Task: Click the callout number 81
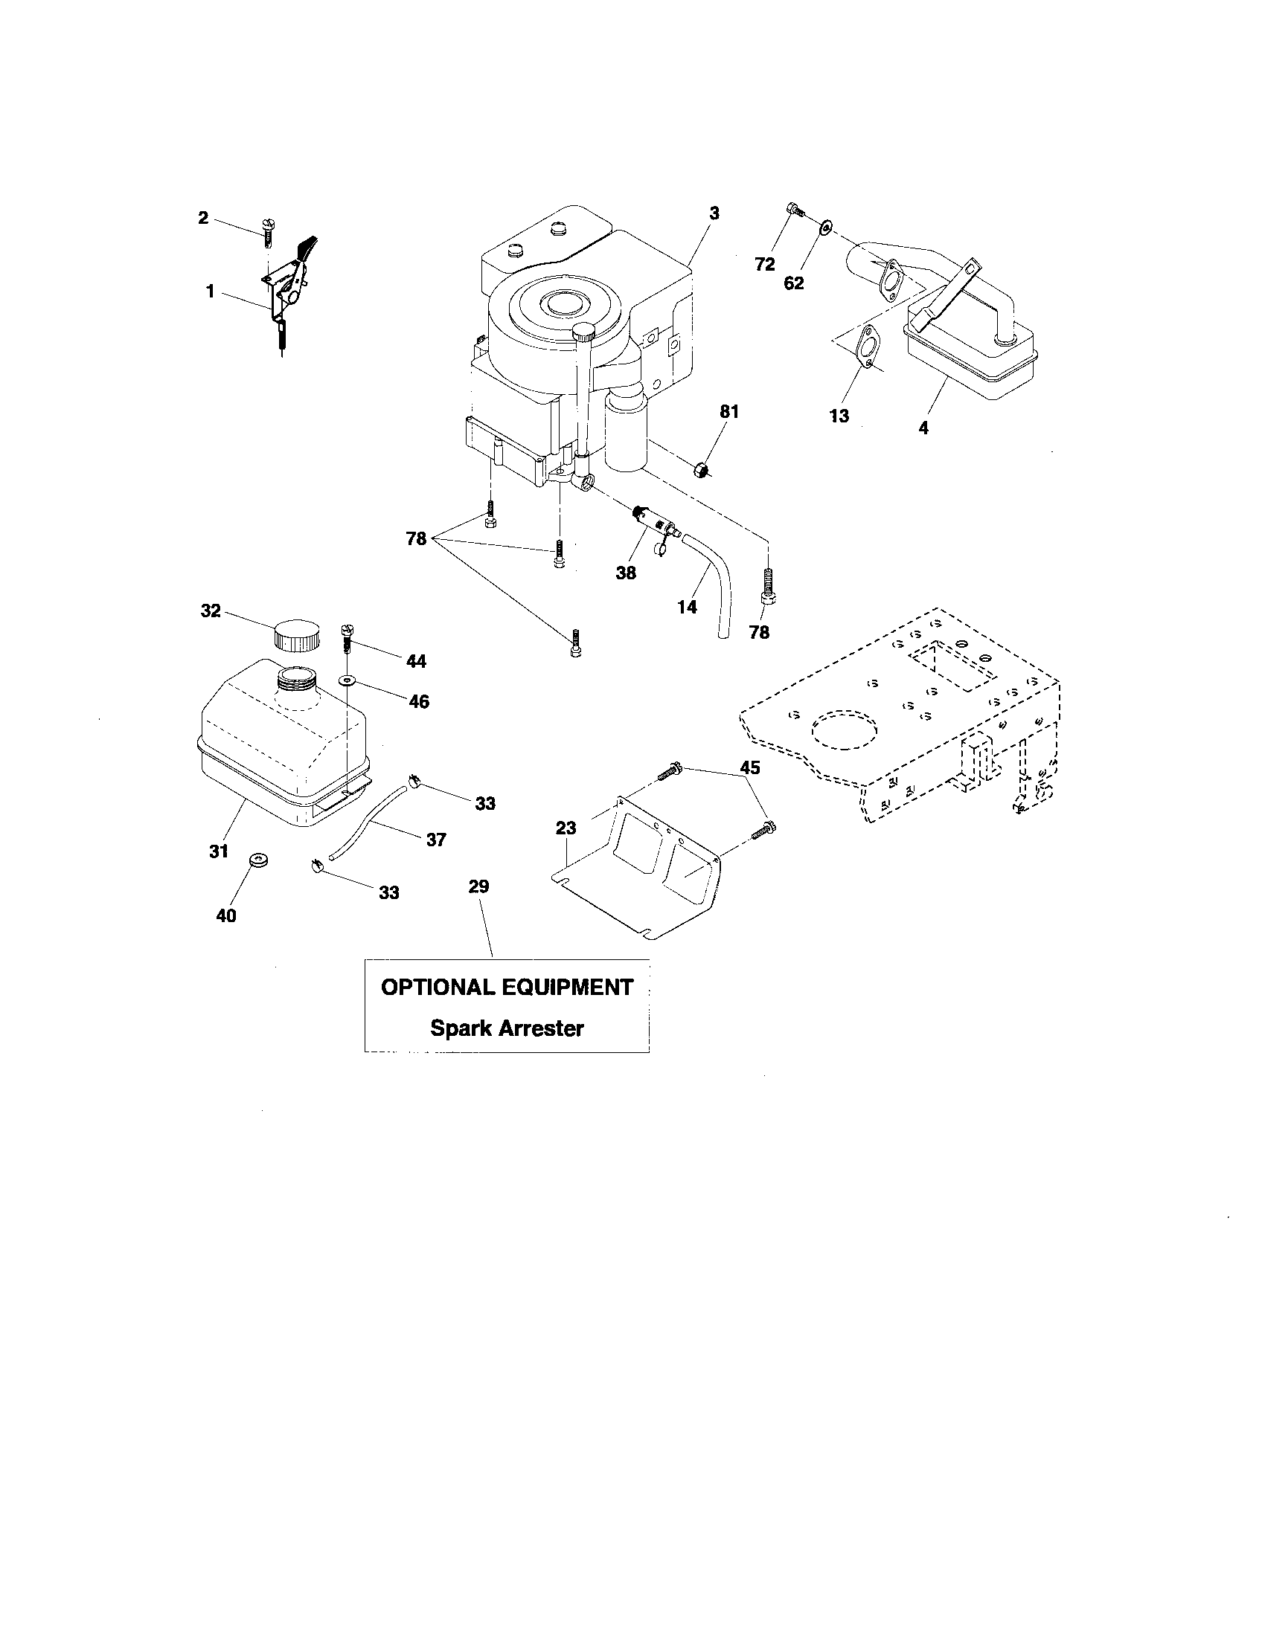729,411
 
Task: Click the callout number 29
478,886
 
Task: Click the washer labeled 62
827,225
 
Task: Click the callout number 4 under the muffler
923,428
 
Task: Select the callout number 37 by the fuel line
436,840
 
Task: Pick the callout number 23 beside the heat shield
566,828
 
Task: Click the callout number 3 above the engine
714,213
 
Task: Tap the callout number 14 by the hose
687,607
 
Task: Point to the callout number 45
749,768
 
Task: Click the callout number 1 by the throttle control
211,291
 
